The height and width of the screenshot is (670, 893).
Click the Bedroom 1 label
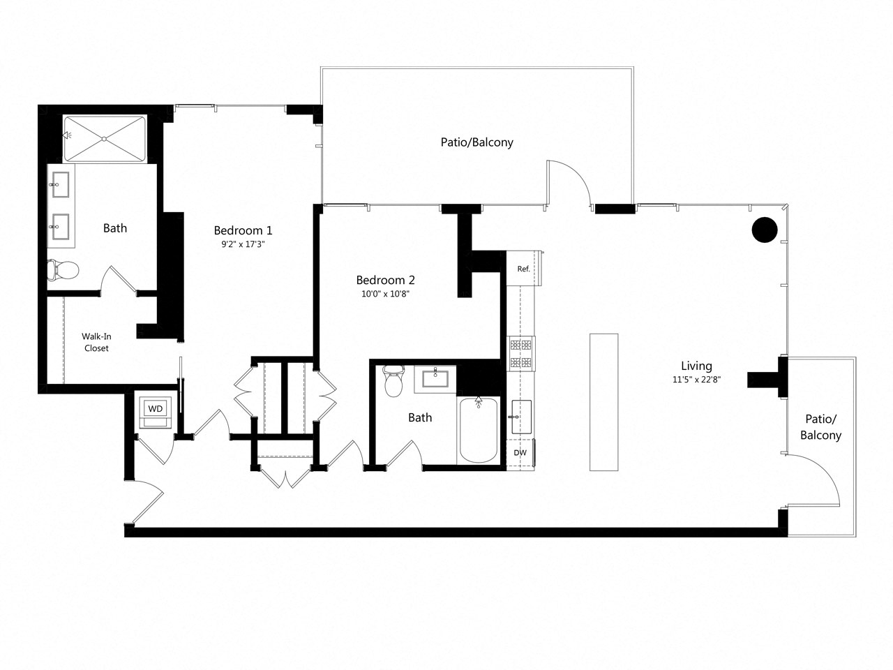243,230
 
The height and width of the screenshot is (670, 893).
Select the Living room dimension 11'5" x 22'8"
696,380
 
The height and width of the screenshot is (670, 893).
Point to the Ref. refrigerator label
523,269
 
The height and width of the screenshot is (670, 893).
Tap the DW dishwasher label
520,452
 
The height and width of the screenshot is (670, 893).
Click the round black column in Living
764,230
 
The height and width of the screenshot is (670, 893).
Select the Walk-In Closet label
96,342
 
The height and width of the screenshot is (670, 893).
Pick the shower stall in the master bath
105,138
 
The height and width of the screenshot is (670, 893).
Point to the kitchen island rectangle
603,401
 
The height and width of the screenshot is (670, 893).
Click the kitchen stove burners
520,352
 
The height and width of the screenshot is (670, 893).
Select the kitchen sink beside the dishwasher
520,417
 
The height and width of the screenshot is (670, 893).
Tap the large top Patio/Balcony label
476,142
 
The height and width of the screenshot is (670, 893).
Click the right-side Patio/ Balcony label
820,427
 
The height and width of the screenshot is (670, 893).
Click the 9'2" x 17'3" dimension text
243,244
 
